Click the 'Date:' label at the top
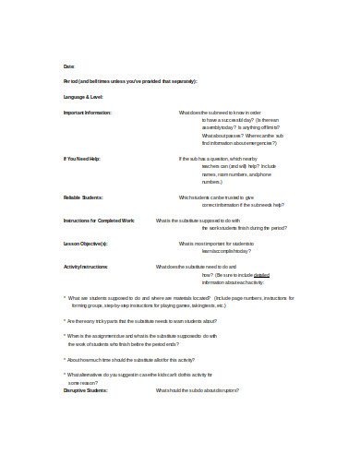(x=68, y=66)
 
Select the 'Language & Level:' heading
(x=84, y=97)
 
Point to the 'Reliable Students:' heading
(x=83, y=197)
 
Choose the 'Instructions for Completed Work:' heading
(x=100, y=221)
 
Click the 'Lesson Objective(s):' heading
(x=86, y=244)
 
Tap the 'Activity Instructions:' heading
(x=86, y=267)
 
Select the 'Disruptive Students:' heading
(x=86, y=391)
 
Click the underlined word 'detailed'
(x=261, y=275)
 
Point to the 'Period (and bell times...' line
(x=130, y=81)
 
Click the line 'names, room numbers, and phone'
(x=236, y=174)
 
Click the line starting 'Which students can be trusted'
(x=230, y=197)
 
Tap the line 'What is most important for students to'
(x=228, y=244)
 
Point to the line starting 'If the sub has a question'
(x=232, y=159)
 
